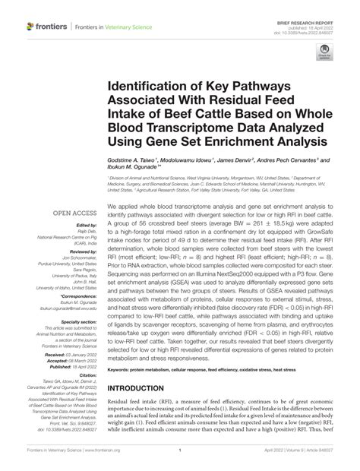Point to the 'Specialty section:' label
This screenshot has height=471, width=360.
click(x=76, y=322)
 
